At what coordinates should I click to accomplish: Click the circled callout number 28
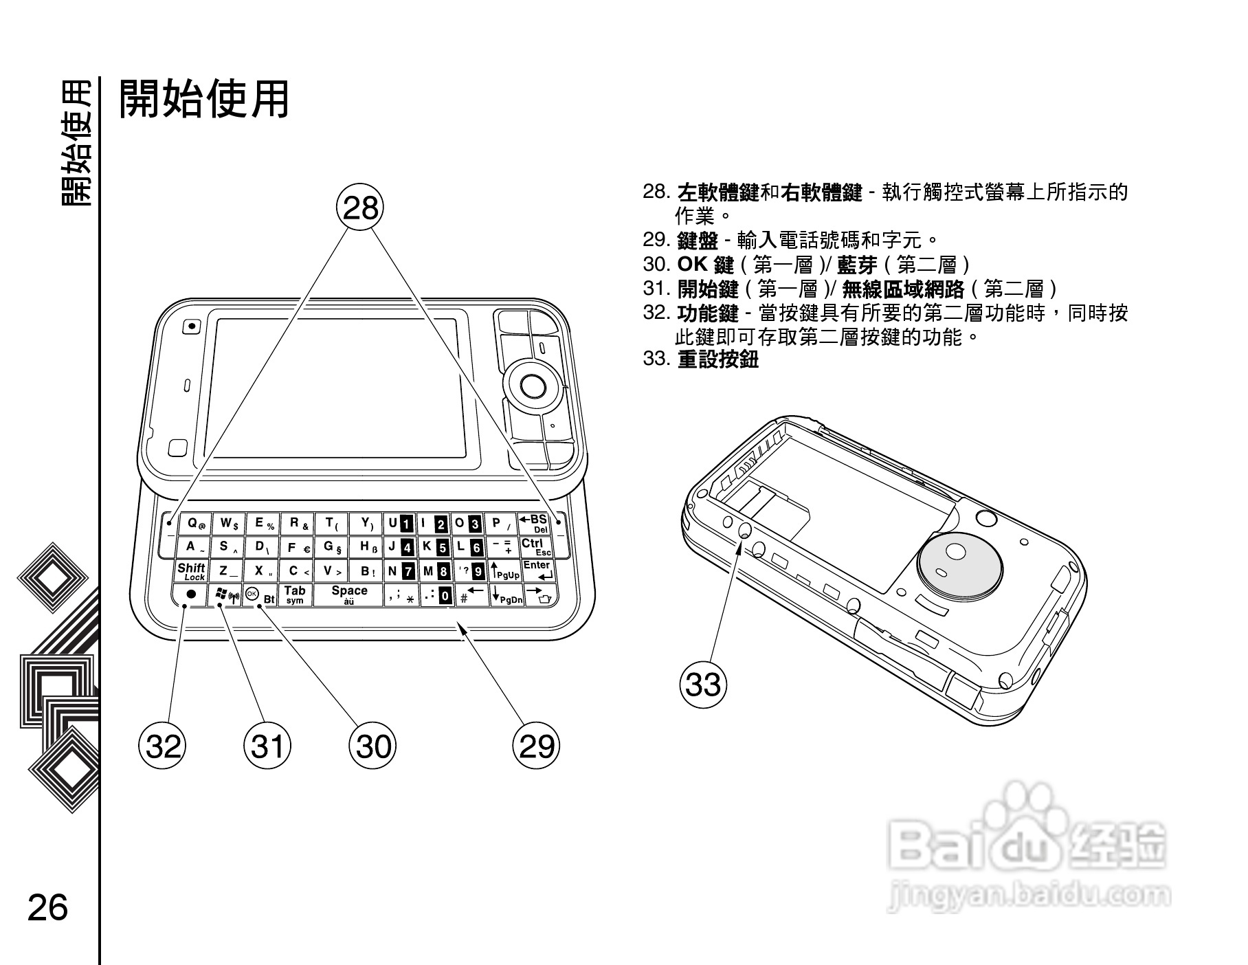coord(360,207)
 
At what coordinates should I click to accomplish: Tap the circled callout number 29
coord(537,746)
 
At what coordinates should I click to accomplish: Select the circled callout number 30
coord(373,746)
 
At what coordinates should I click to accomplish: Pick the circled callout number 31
coord(267,746)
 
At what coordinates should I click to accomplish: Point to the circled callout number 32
coord(163,746)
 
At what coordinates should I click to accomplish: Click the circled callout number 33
coord(703,685)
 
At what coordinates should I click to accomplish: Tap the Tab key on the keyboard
coord(295,595)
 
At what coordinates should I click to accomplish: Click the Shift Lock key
coord(192,571)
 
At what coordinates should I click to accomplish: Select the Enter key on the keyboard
coord(537,570)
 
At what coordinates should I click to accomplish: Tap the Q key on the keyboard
coord(195,524)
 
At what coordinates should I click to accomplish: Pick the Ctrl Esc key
coord(536,547)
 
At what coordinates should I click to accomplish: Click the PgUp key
coord(505,571)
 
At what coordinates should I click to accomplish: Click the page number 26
coord(48,907)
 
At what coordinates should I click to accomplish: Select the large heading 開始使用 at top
coord(204,99)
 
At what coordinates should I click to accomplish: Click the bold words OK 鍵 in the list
coord(705,265)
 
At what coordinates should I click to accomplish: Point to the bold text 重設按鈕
coord(717,359)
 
